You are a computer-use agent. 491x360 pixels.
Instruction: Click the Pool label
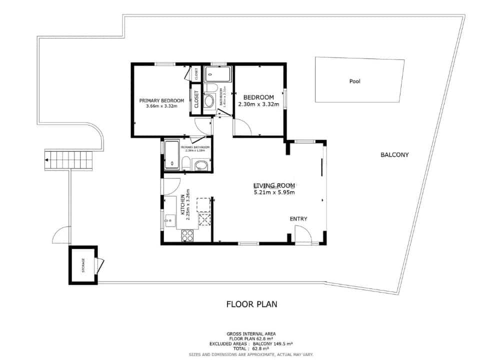354,81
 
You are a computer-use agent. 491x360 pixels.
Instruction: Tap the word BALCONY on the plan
394,155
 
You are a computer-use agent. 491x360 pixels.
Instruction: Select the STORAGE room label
83,265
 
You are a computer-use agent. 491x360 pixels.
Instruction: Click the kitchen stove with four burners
188,235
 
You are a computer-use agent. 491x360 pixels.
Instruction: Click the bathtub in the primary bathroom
172,154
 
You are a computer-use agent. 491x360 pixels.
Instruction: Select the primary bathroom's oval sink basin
201,165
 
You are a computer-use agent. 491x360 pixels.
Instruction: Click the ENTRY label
298,219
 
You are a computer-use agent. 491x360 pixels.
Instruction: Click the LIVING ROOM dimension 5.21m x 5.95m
274,192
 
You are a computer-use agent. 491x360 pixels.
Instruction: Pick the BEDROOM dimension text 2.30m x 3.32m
259,104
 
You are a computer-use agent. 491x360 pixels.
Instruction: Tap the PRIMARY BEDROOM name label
161,100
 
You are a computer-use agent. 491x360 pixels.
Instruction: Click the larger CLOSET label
196,99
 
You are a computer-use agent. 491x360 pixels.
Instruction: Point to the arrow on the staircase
47,160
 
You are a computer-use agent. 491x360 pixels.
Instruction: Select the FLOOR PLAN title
251,304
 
